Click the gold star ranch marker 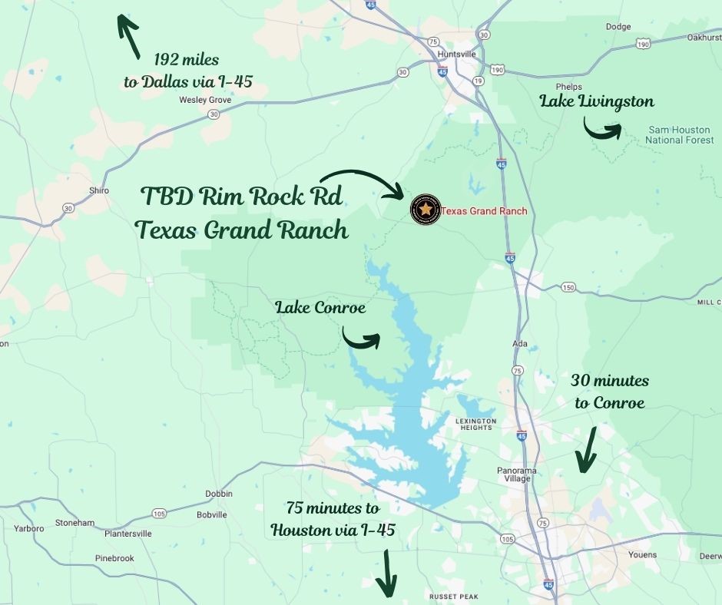(425, 210)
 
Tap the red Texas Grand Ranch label (484, 211)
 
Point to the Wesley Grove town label (205, 100)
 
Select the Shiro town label (99, 190)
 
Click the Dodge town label (618, 27)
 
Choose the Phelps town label (570, 87)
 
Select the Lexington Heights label (476, 424)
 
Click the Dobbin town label (218, 494)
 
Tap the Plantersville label (128, 534)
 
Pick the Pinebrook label (114, 557)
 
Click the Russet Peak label (454, 597)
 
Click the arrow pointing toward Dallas (128, 35)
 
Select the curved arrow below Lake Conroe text (361, 339)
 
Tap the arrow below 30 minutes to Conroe (586, 451)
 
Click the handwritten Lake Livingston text (596, 101)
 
